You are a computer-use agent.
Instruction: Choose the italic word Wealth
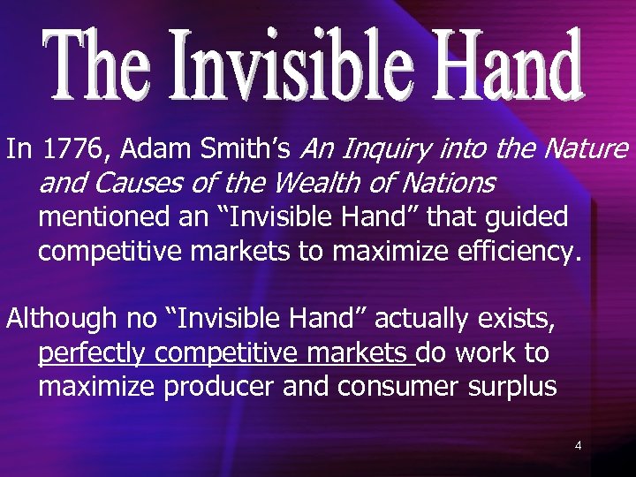310,184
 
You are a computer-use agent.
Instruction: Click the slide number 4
578,446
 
